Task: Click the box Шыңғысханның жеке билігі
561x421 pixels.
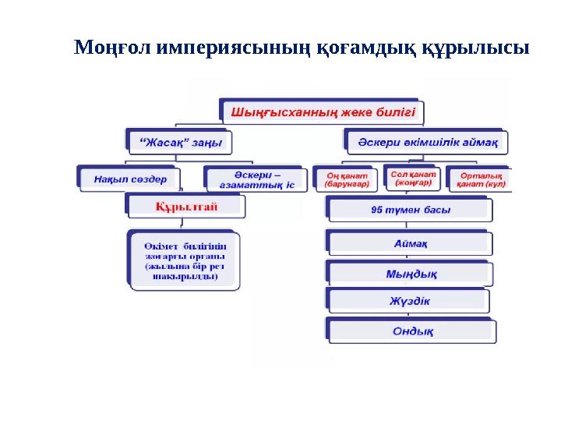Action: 323,111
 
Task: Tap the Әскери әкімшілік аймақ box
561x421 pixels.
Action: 426,142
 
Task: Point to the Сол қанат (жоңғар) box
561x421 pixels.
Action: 413,177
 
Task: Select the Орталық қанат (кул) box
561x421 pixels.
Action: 481,179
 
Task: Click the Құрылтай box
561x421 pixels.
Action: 186,207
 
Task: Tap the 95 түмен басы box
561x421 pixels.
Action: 410,210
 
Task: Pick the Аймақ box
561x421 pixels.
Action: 410,242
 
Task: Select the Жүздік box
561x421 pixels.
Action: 410,301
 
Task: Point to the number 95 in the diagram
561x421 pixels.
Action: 378,210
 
